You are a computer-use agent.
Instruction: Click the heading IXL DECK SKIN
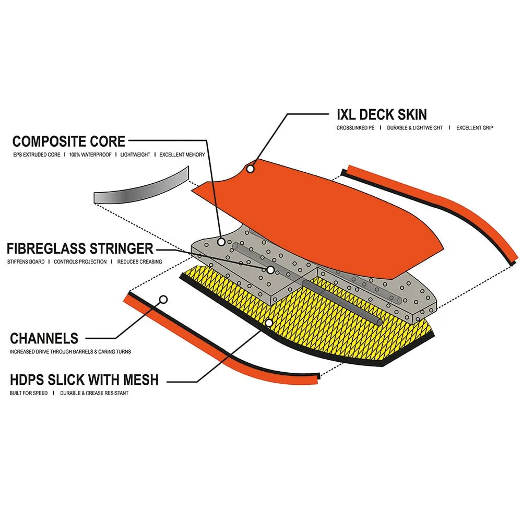tap(382, 114)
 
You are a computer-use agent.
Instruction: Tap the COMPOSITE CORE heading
tap(69, 141)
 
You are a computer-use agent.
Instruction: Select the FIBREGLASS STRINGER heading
tap(80, 248)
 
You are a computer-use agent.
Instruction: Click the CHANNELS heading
tap(44, 338)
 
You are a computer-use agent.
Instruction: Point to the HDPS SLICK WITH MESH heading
tap(84, 379)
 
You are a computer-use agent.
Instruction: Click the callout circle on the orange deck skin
tap(251, 169)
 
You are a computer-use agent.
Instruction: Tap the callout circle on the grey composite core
tap(221, 242)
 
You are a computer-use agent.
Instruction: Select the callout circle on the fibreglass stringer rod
tap(270, 270)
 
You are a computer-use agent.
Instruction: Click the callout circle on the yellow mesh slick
tap(268, 323)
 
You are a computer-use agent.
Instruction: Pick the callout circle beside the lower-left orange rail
tap(163, 300)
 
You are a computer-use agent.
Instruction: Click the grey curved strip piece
tap(141, 187)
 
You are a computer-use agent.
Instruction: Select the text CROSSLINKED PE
tap(356, 128)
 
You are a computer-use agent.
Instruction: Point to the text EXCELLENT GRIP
tap(474, 128)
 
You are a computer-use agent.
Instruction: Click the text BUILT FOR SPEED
tap(29, 393)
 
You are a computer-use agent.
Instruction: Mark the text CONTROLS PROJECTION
tap(80, 262)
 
